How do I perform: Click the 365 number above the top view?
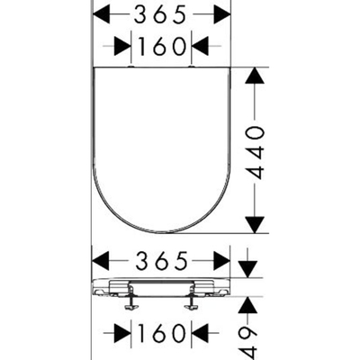(x=159, y=14)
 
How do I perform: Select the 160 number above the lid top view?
(x=161, y=46)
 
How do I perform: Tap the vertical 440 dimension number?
(x=255, y=153)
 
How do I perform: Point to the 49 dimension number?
(x=249, y=343)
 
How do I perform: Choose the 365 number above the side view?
(x=162, y=261)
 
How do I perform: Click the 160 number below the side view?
(x=161, y=333)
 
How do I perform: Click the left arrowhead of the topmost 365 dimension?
(x=102, y=14)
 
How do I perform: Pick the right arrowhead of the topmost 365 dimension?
(x=222, y=14)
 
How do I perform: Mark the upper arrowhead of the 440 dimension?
(x=255, y=76)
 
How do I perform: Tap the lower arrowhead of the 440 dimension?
(x=255, y=225)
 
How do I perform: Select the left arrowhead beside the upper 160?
(x=122, y=46)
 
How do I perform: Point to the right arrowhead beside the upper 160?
(x=200, y=46)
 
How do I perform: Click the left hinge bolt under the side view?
(x=130, y=301)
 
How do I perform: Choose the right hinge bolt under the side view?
(x=191, y=301)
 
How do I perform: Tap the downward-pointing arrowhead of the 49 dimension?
(x=248, y=269)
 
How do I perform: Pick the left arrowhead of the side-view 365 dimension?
(x=101, y=261)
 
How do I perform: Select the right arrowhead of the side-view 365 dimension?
(x=221, y=261)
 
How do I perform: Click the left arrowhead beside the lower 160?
(x=122, y=333)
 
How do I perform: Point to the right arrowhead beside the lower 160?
(x=200, y=333)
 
